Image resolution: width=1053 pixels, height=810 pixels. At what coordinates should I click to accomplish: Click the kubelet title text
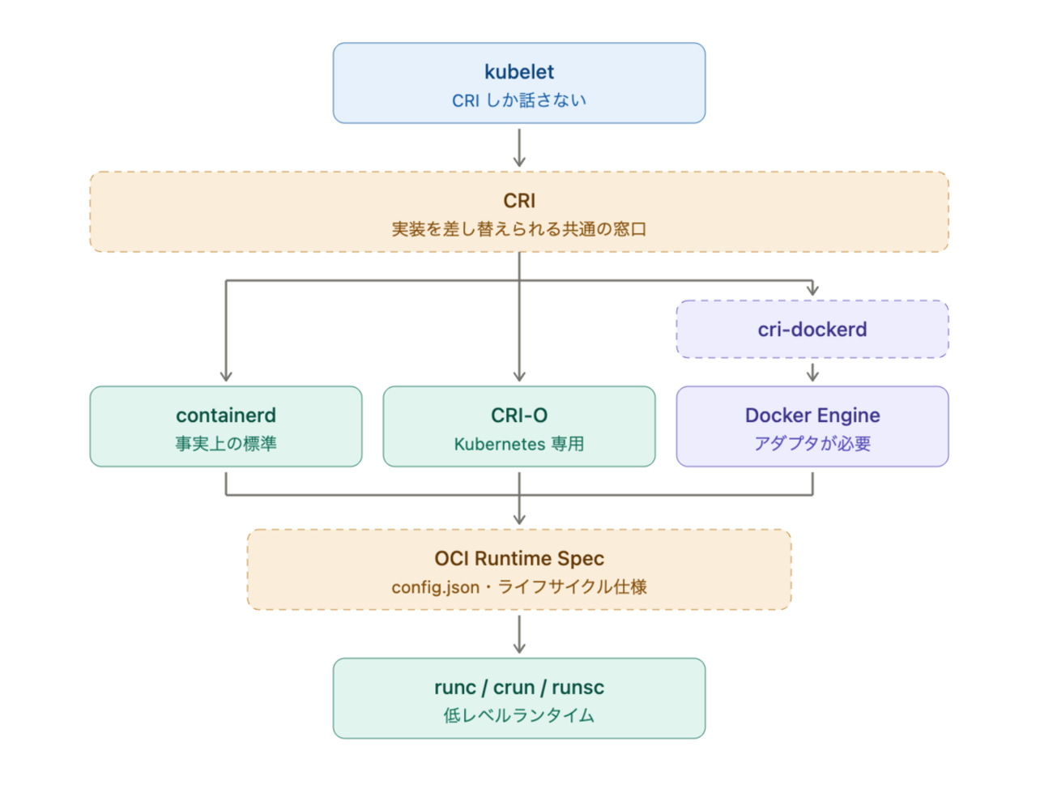point(519,72)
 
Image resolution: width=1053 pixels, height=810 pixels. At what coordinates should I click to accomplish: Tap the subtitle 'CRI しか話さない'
point(519,100)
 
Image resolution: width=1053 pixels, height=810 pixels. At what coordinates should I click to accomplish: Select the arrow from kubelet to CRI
point(519,147)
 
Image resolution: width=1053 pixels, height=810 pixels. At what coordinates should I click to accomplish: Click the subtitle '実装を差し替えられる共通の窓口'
point(519,228)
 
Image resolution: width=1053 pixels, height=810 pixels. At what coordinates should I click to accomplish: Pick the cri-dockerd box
point(812,329)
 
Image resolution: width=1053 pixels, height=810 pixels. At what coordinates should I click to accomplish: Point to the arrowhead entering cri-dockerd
point(812,290)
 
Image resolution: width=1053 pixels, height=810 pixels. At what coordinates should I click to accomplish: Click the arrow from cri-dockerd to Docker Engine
point(812,373)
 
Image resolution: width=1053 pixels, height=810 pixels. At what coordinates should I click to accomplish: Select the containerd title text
point(226,416)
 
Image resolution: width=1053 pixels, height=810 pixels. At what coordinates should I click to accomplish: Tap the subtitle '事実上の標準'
point(226,443)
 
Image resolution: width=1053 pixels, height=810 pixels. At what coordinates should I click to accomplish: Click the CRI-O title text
point(519,416)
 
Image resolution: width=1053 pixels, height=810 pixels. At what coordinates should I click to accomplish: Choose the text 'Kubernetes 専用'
point(519,444)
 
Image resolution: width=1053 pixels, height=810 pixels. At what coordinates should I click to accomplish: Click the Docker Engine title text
point(812,416)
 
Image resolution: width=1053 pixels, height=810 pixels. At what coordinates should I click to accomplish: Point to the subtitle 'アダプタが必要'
point(812,443)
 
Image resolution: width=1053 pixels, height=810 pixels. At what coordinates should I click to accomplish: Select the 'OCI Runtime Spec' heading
point(519,558)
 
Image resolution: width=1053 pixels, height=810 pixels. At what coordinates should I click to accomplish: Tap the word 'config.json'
point(435,587)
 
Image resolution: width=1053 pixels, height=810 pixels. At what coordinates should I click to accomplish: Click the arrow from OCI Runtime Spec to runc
point(519,634)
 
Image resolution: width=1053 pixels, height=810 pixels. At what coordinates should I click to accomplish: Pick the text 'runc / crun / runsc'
point(519,687)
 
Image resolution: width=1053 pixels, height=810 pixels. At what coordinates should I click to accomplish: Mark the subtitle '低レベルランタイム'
point(519,715)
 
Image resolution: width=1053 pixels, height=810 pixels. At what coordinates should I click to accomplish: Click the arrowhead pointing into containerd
point(226,377)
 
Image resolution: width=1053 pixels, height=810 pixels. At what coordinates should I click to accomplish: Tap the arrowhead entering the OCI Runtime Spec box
point(519,519)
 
